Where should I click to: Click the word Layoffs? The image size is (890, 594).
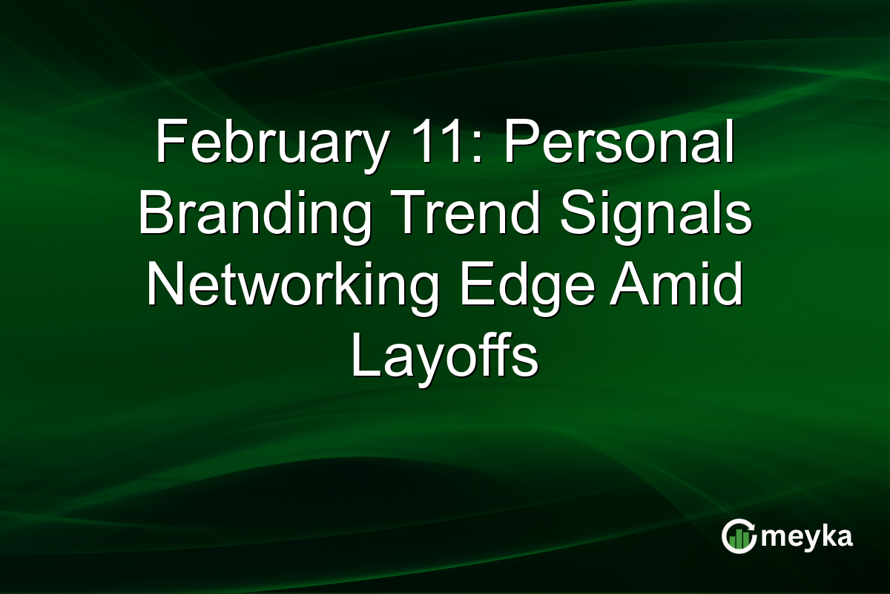(444, 357)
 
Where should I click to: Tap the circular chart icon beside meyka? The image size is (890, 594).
(739, 537)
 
